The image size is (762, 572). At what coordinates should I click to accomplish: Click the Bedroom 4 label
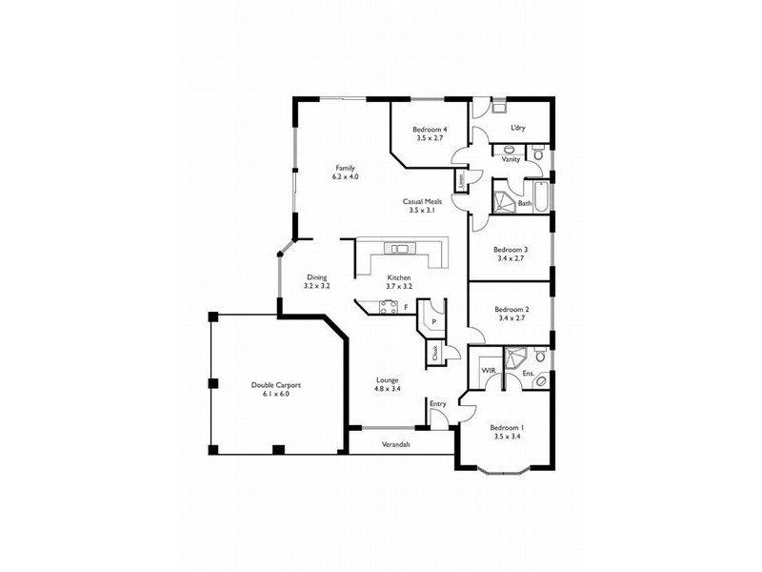point(430,130)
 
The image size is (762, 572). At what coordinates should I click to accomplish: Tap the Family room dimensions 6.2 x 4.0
point(345,176)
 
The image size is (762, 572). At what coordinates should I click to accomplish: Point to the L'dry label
point(518,128)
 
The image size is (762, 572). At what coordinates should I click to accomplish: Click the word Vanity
point(511,159)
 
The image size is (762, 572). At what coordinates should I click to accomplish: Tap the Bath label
point(524,203)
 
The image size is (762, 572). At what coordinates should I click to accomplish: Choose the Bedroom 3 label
point(511,250)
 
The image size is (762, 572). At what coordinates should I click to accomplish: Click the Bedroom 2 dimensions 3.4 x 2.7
point(512,318)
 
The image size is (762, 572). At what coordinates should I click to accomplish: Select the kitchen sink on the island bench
point(398,250)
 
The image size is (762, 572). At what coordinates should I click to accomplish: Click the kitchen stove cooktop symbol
point(388,306)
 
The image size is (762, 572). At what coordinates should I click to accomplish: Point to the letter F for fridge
point(406,307)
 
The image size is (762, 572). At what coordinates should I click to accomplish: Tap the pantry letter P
point(433,322)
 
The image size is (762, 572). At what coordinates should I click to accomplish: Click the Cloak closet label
point(435,352)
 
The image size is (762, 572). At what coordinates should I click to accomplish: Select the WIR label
point(487,369)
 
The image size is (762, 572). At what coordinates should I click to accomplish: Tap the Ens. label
point(528,374)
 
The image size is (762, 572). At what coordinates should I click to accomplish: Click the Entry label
point(437,404)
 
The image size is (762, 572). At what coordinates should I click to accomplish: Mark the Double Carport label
point(276,385)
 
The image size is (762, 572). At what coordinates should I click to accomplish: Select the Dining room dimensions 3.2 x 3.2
point(316,286)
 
